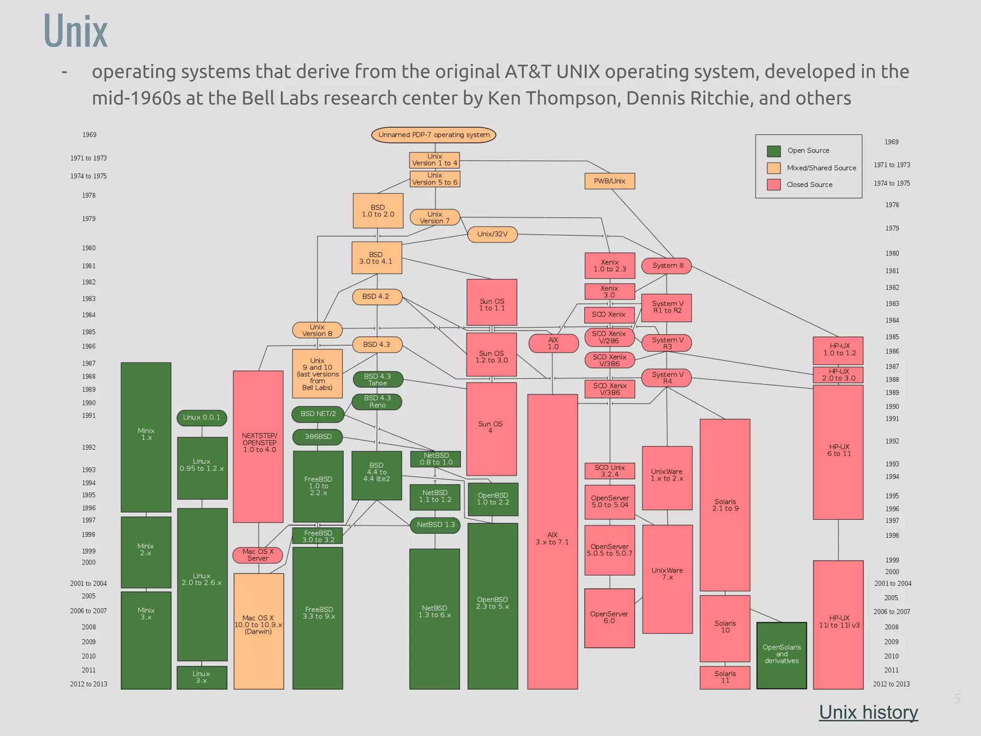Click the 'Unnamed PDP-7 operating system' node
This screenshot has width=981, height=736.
tap(433, 135)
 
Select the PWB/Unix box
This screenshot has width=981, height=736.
tap(609, 181)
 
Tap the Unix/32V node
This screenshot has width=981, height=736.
tap(492, 234)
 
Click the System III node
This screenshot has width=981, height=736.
tap(666, 265)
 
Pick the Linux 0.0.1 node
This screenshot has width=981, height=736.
tap(202, 417)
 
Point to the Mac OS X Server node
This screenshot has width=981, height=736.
tap(258, 555)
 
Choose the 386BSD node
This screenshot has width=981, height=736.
tap(318, 437)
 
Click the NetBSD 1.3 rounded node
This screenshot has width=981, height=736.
tap(435, 525)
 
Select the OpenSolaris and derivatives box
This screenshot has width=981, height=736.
tap(781, 655)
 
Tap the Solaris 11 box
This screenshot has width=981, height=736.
tap(725, 677)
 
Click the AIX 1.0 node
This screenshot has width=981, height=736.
tap(553, 343)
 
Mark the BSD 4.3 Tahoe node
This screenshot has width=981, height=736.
tap(377, 379)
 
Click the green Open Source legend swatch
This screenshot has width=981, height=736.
tap(774, 151)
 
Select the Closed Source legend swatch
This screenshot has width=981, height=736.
tap(774, 184)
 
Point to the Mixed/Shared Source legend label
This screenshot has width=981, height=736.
tap(821, 168)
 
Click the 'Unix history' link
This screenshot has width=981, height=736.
tap(868, 712)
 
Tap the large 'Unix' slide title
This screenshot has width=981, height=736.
tap(76, 31)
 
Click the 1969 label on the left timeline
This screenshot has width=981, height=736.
tap(90, 135)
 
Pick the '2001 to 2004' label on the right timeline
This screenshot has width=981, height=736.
tap(892, 584)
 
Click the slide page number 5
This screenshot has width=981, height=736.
tap(957, 699)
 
